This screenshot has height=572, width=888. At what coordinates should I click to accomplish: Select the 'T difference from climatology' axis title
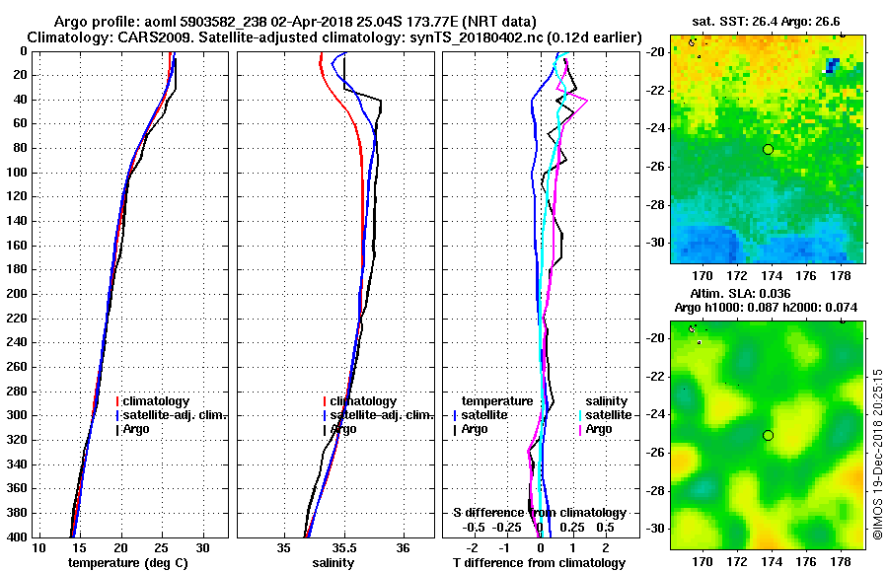(539, 563)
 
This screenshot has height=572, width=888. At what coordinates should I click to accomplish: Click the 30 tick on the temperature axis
(202, 548)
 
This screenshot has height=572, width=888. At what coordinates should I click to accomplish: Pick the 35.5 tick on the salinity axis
(343, 548)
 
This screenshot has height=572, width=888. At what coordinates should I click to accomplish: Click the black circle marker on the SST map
(768, 149)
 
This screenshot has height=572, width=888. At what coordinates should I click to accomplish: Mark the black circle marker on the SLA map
(768, 435)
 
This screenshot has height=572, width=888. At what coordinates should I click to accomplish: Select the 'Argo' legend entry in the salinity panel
(343, 429)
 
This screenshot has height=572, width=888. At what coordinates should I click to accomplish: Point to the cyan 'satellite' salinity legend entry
(607, 415)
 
